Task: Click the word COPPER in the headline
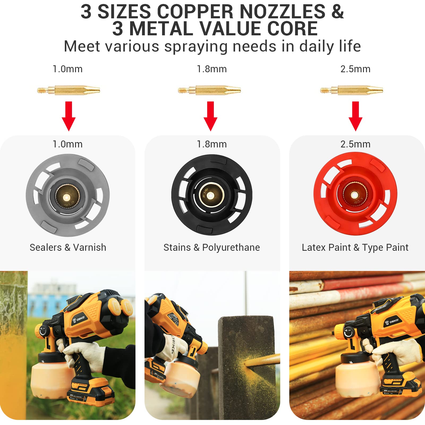click(195, 12)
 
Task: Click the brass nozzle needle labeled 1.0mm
click(69, 90)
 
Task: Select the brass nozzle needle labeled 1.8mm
click(210, 90)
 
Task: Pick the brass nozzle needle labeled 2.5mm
click(351, 90)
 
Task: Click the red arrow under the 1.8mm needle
click(210, 116)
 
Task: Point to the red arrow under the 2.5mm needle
click(355, 116)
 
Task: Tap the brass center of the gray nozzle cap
click(66, 197)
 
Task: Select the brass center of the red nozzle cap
click(354, 195)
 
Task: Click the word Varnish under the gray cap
click(90, 248)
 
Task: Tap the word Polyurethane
click(231, 248)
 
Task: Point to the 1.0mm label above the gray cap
click(67, 144)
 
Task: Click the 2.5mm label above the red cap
click(355, 144)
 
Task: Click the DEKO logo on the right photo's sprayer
click(392, 322)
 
